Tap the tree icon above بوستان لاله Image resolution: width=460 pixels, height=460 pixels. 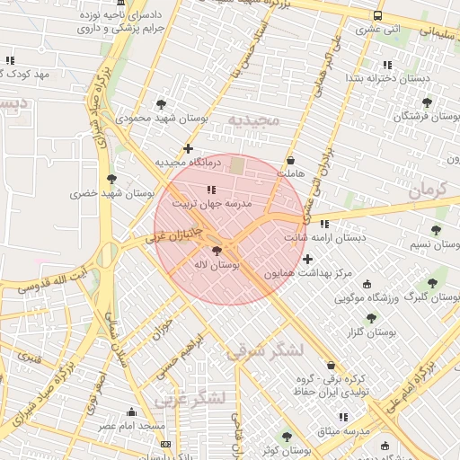tap(216, 252)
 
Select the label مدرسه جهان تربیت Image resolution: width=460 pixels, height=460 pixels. tap(219, 205)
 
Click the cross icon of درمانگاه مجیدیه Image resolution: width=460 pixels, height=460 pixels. tap(187, 148)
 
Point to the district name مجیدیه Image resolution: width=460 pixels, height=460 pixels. tap(253, 119)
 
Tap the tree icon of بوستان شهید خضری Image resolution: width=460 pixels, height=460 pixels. tap(111, 179)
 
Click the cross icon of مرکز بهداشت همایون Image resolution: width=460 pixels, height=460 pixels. tap(307, 259)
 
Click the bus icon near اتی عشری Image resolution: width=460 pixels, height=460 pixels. tap(376, 15)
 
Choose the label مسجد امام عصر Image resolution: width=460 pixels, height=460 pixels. tap(130, 425)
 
